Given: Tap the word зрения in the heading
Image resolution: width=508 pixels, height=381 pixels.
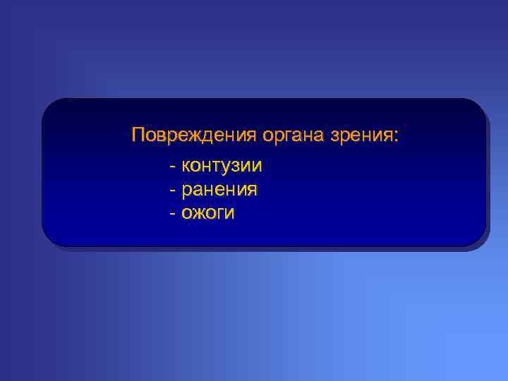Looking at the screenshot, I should (x=366, y=135).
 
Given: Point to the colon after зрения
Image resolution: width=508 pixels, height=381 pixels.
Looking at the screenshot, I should (x=396, y=136).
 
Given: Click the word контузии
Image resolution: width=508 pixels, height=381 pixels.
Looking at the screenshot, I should (x=222, y=166).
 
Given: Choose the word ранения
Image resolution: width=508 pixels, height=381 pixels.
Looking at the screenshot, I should (x=219, y=189).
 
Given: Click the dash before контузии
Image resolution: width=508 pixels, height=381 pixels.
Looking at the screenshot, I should (x=173, y=167).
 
